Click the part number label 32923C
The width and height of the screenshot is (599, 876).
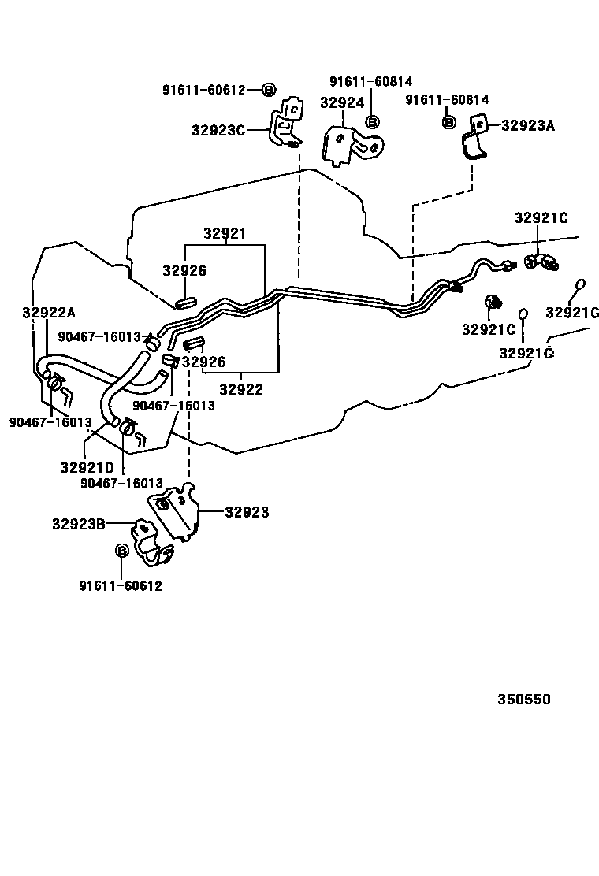pos(218,130)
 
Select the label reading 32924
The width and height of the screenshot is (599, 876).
pos(342,102)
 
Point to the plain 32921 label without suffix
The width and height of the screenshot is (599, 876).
pos(225,234)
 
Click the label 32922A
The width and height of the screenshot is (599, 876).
pos(48,312)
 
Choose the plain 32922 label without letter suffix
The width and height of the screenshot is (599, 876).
pos(240,388)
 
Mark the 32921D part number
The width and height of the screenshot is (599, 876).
pos(87,467)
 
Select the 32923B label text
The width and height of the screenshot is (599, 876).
pos(79,523)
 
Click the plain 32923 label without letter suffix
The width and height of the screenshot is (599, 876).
pos(247,513)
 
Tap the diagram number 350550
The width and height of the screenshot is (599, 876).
pos(523,700)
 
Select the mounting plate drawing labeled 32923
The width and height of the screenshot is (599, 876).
pos(175,512)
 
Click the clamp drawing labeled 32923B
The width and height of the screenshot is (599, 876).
pos(154,544)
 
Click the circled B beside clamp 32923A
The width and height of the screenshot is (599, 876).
pos(448,122)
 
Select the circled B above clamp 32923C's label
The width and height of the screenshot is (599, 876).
pos(267,90)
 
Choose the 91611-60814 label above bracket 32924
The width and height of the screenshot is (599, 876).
pos(370,82)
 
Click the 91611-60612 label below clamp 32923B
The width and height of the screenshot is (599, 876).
pos(121,585)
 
